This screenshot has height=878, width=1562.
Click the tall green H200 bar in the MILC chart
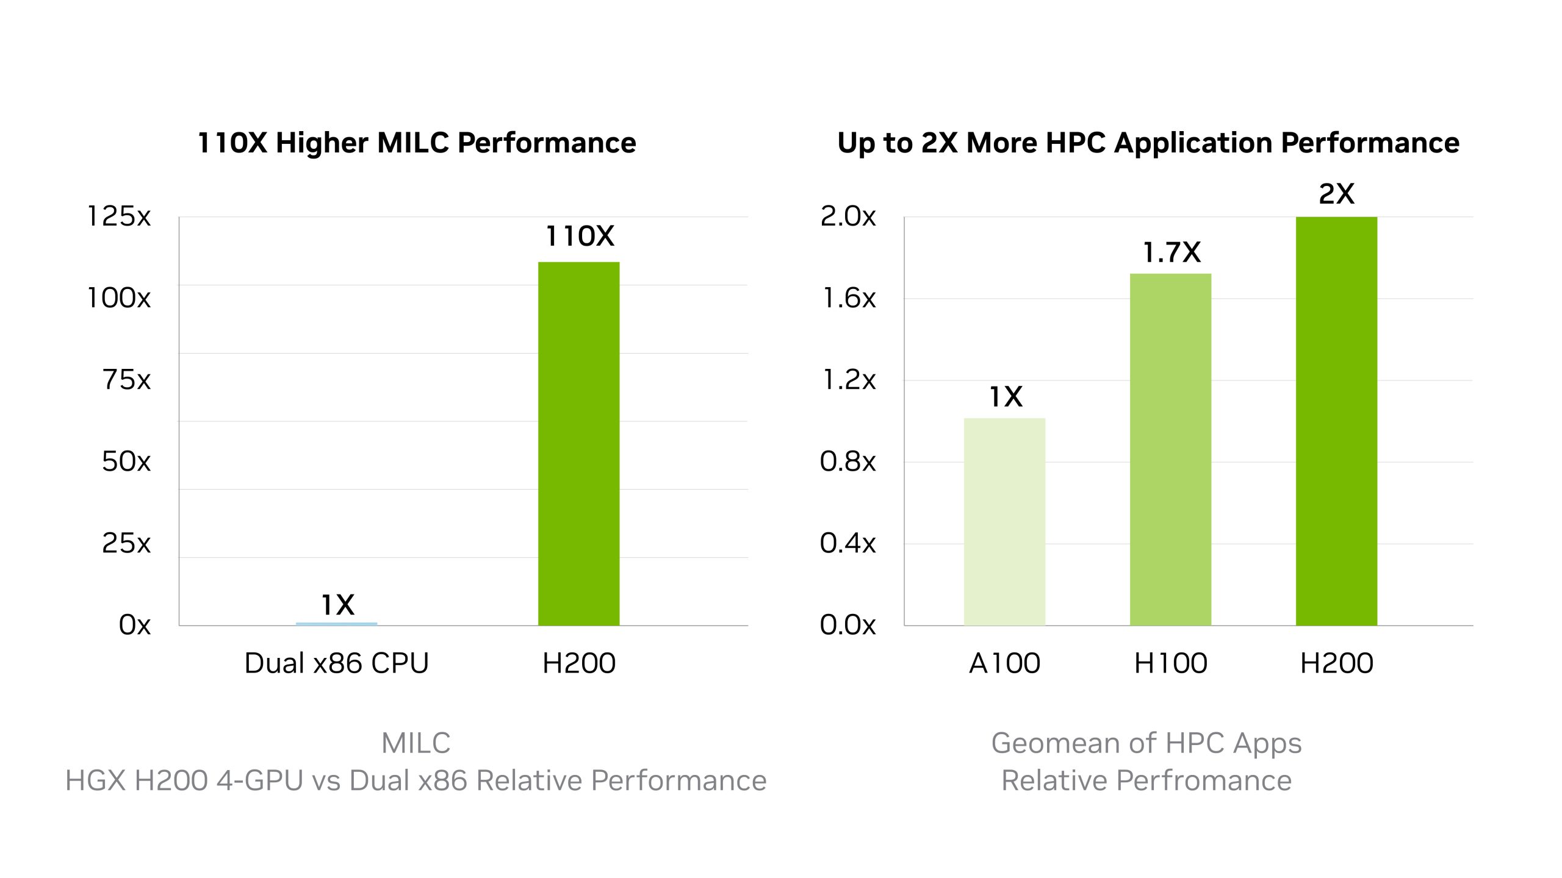click(578, 443)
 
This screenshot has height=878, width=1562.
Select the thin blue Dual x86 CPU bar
click(336, 624)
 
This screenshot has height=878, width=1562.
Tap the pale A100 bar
click(1004, 521)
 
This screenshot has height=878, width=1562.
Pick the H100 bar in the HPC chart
click(1170, 449)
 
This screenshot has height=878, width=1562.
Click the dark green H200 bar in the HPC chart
click(1336, 421)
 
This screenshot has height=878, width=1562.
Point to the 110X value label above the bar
click(580, 237)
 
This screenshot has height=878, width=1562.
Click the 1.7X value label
click(1171, 252)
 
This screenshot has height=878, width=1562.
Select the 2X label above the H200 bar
click(1336, 194)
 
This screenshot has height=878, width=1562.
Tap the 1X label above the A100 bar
click(1005, 397)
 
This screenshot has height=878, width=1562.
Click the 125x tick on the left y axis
click(119, 216)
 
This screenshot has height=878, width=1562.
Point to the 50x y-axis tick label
click(126, 462)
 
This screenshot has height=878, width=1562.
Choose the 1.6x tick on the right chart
click(849, 298)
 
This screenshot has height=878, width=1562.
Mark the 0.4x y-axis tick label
click(848, 543)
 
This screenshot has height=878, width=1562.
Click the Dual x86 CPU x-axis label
click(336, 663)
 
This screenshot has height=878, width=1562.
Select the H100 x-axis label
click(1170, 663)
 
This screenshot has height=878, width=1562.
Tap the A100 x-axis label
click(1004, 663)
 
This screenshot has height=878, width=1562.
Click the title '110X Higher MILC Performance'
click(417, 143)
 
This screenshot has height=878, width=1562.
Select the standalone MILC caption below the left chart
click(416, 743)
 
